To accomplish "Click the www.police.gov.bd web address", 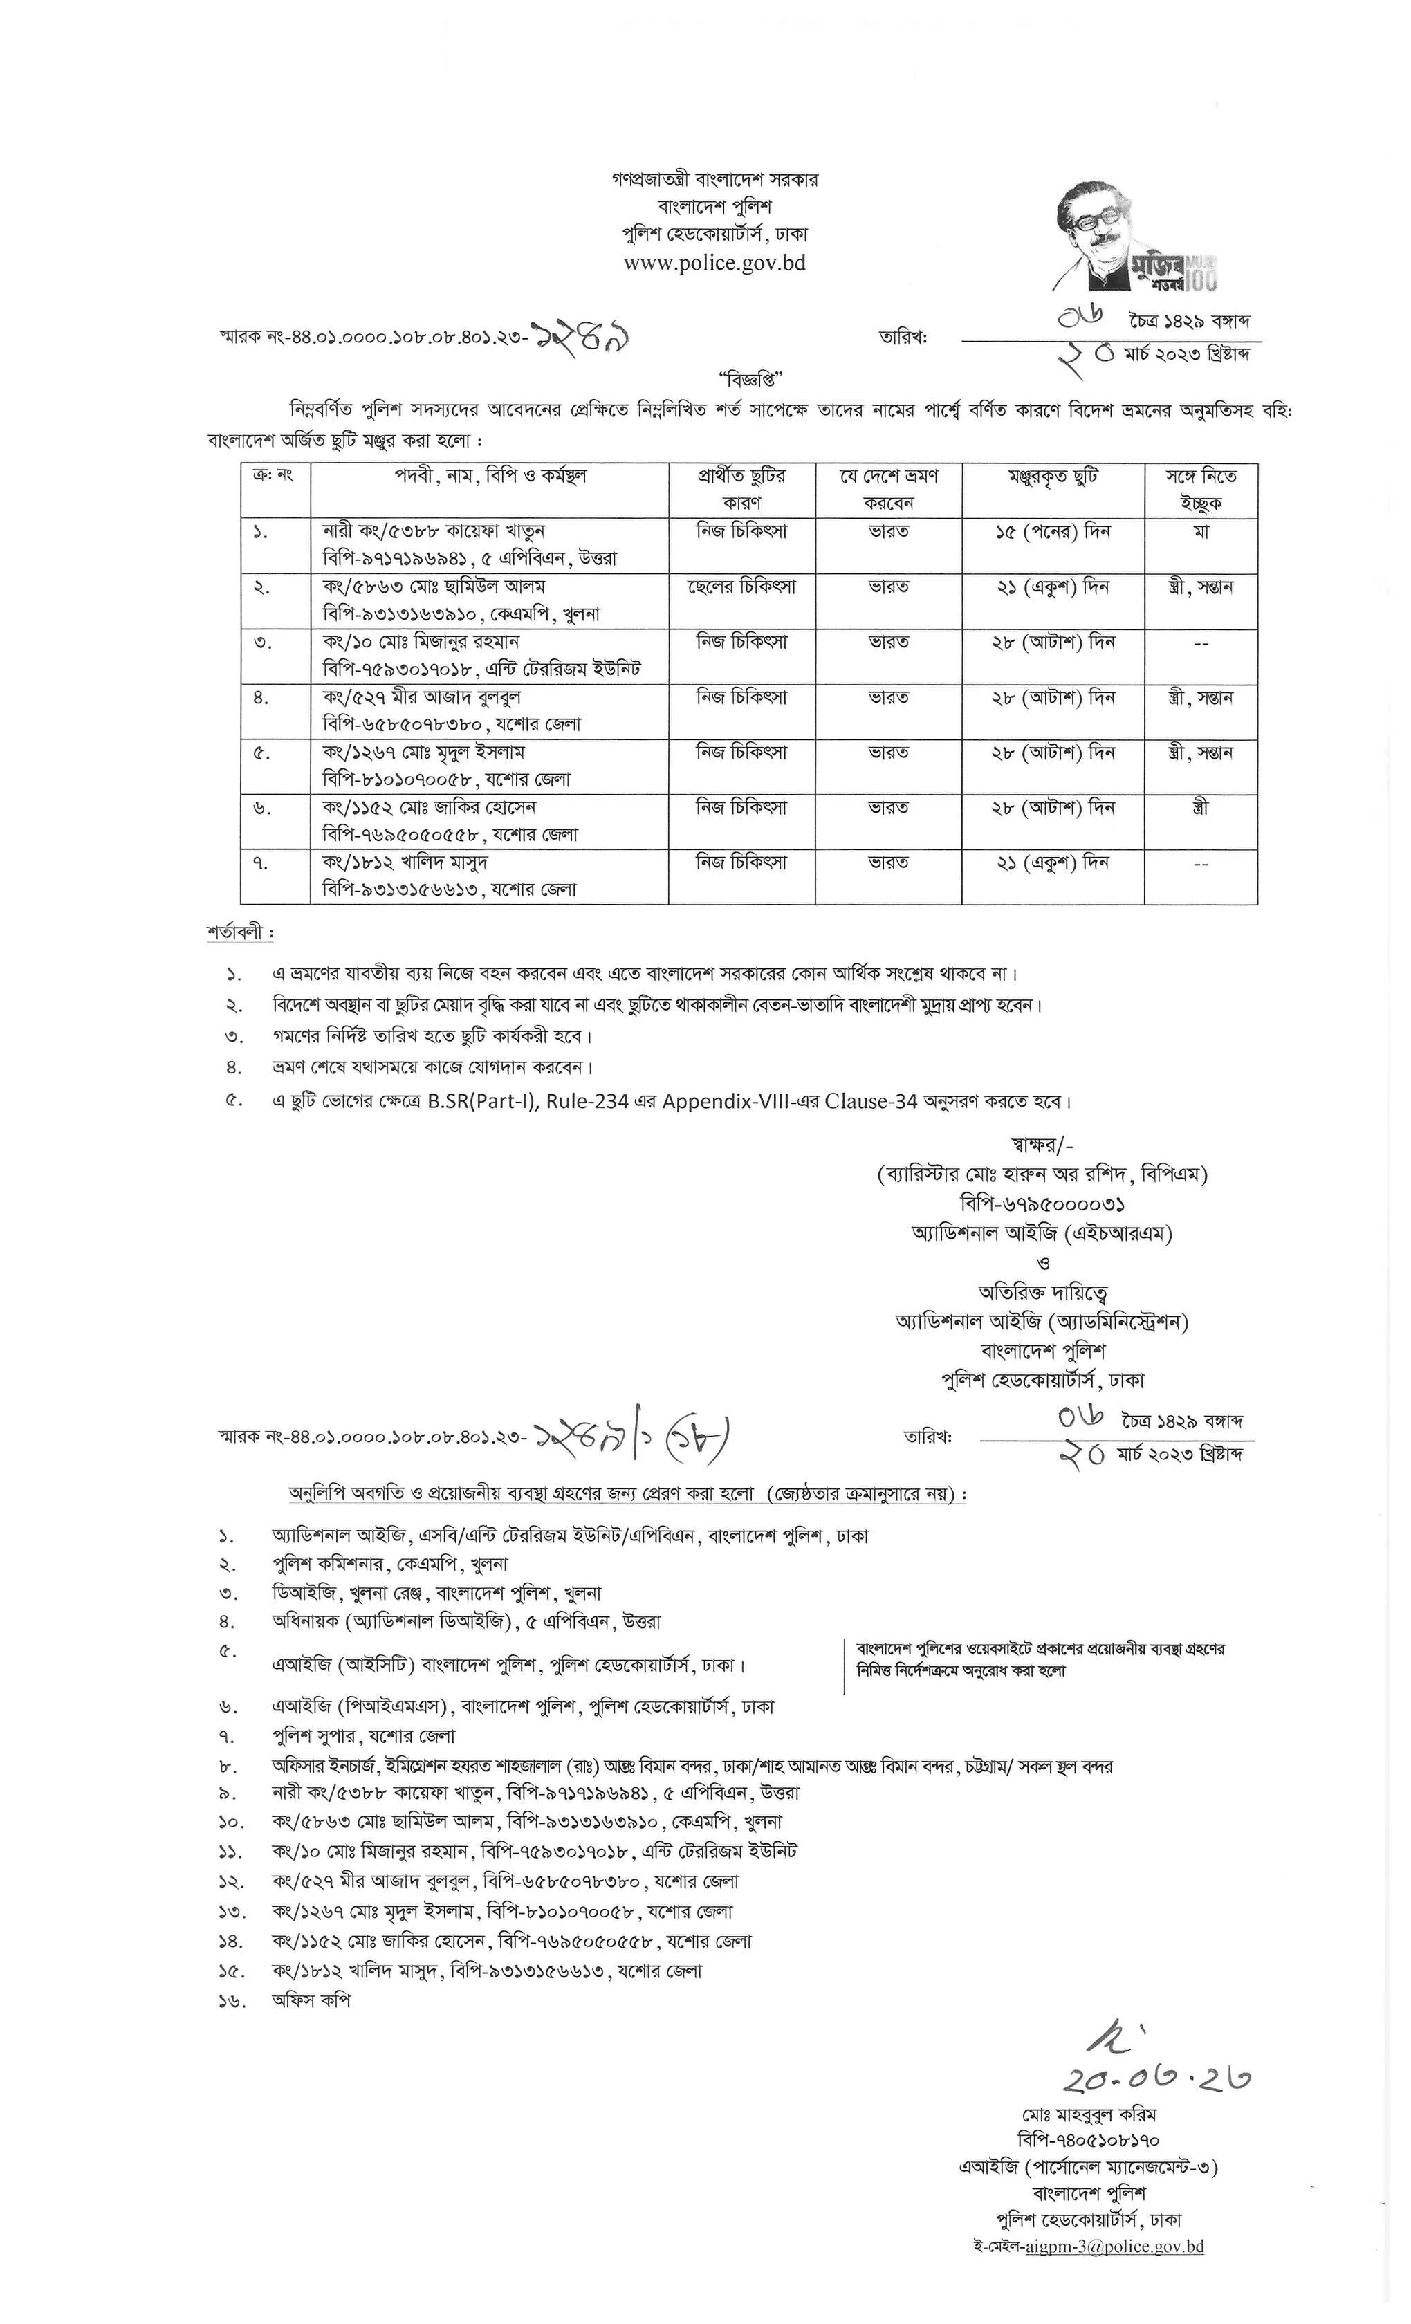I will pos(714,263).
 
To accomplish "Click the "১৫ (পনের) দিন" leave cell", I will pos(1053,532).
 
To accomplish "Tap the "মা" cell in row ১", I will pos(1201,532).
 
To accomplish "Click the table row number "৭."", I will pos(260,863).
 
